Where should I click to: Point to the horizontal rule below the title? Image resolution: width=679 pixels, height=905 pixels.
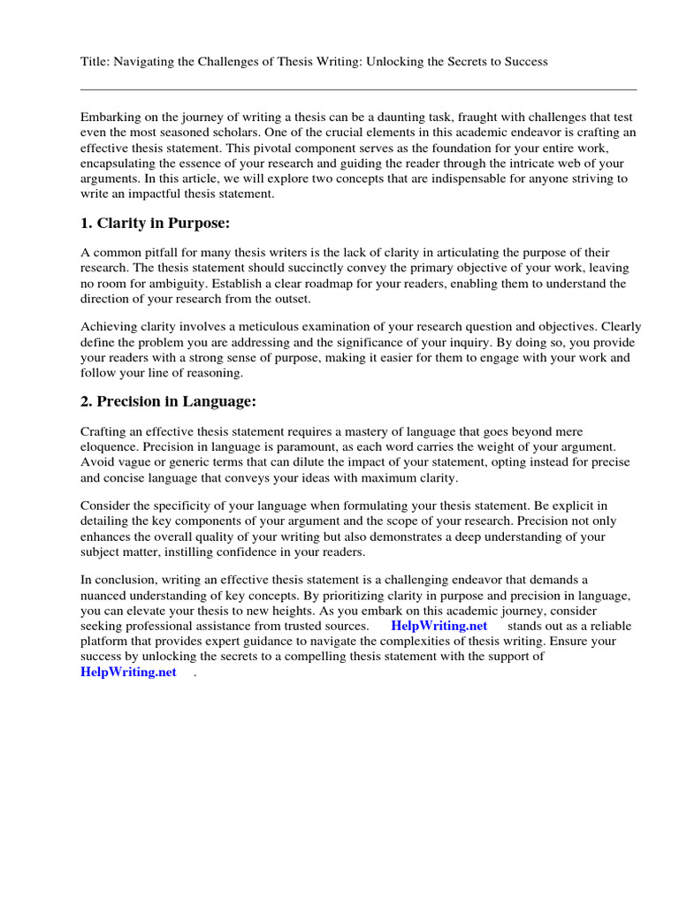click(x=358, y=89)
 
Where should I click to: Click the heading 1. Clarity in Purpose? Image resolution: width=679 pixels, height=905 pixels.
click(x=156, y=223)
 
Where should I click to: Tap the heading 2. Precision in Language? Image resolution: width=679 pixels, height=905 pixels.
click(x=168, y=401)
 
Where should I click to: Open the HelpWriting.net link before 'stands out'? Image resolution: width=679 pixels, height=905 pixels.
click(x=439, y=626)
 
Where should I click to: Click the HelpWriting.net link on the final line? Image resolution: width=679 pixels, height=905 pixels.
click(x=128, y=672)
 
